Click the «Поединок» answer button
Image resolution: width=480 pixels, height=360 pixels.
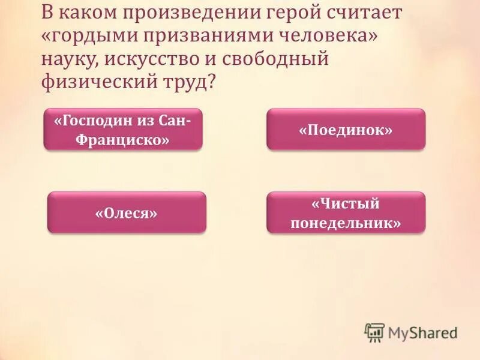click(346, 130)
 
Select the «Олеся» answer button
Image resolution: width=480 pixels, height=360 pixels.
click(127, 212)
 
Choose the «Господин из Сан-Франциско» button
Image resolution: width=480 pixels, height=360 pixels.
click(123, 130)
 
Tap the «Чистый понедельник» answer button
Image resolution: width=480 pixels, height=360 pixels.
click(346, 212)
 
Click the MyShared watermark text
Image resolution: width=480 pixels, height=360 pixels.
click(424, 332)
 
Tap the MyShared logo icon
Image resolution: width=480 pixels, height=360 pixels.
click(374, 332)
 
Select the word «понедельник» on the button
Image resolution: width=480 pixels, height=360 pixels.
click(346, 223)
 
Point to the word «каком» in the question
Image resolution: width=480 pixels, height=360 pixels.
click(83, 12)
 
